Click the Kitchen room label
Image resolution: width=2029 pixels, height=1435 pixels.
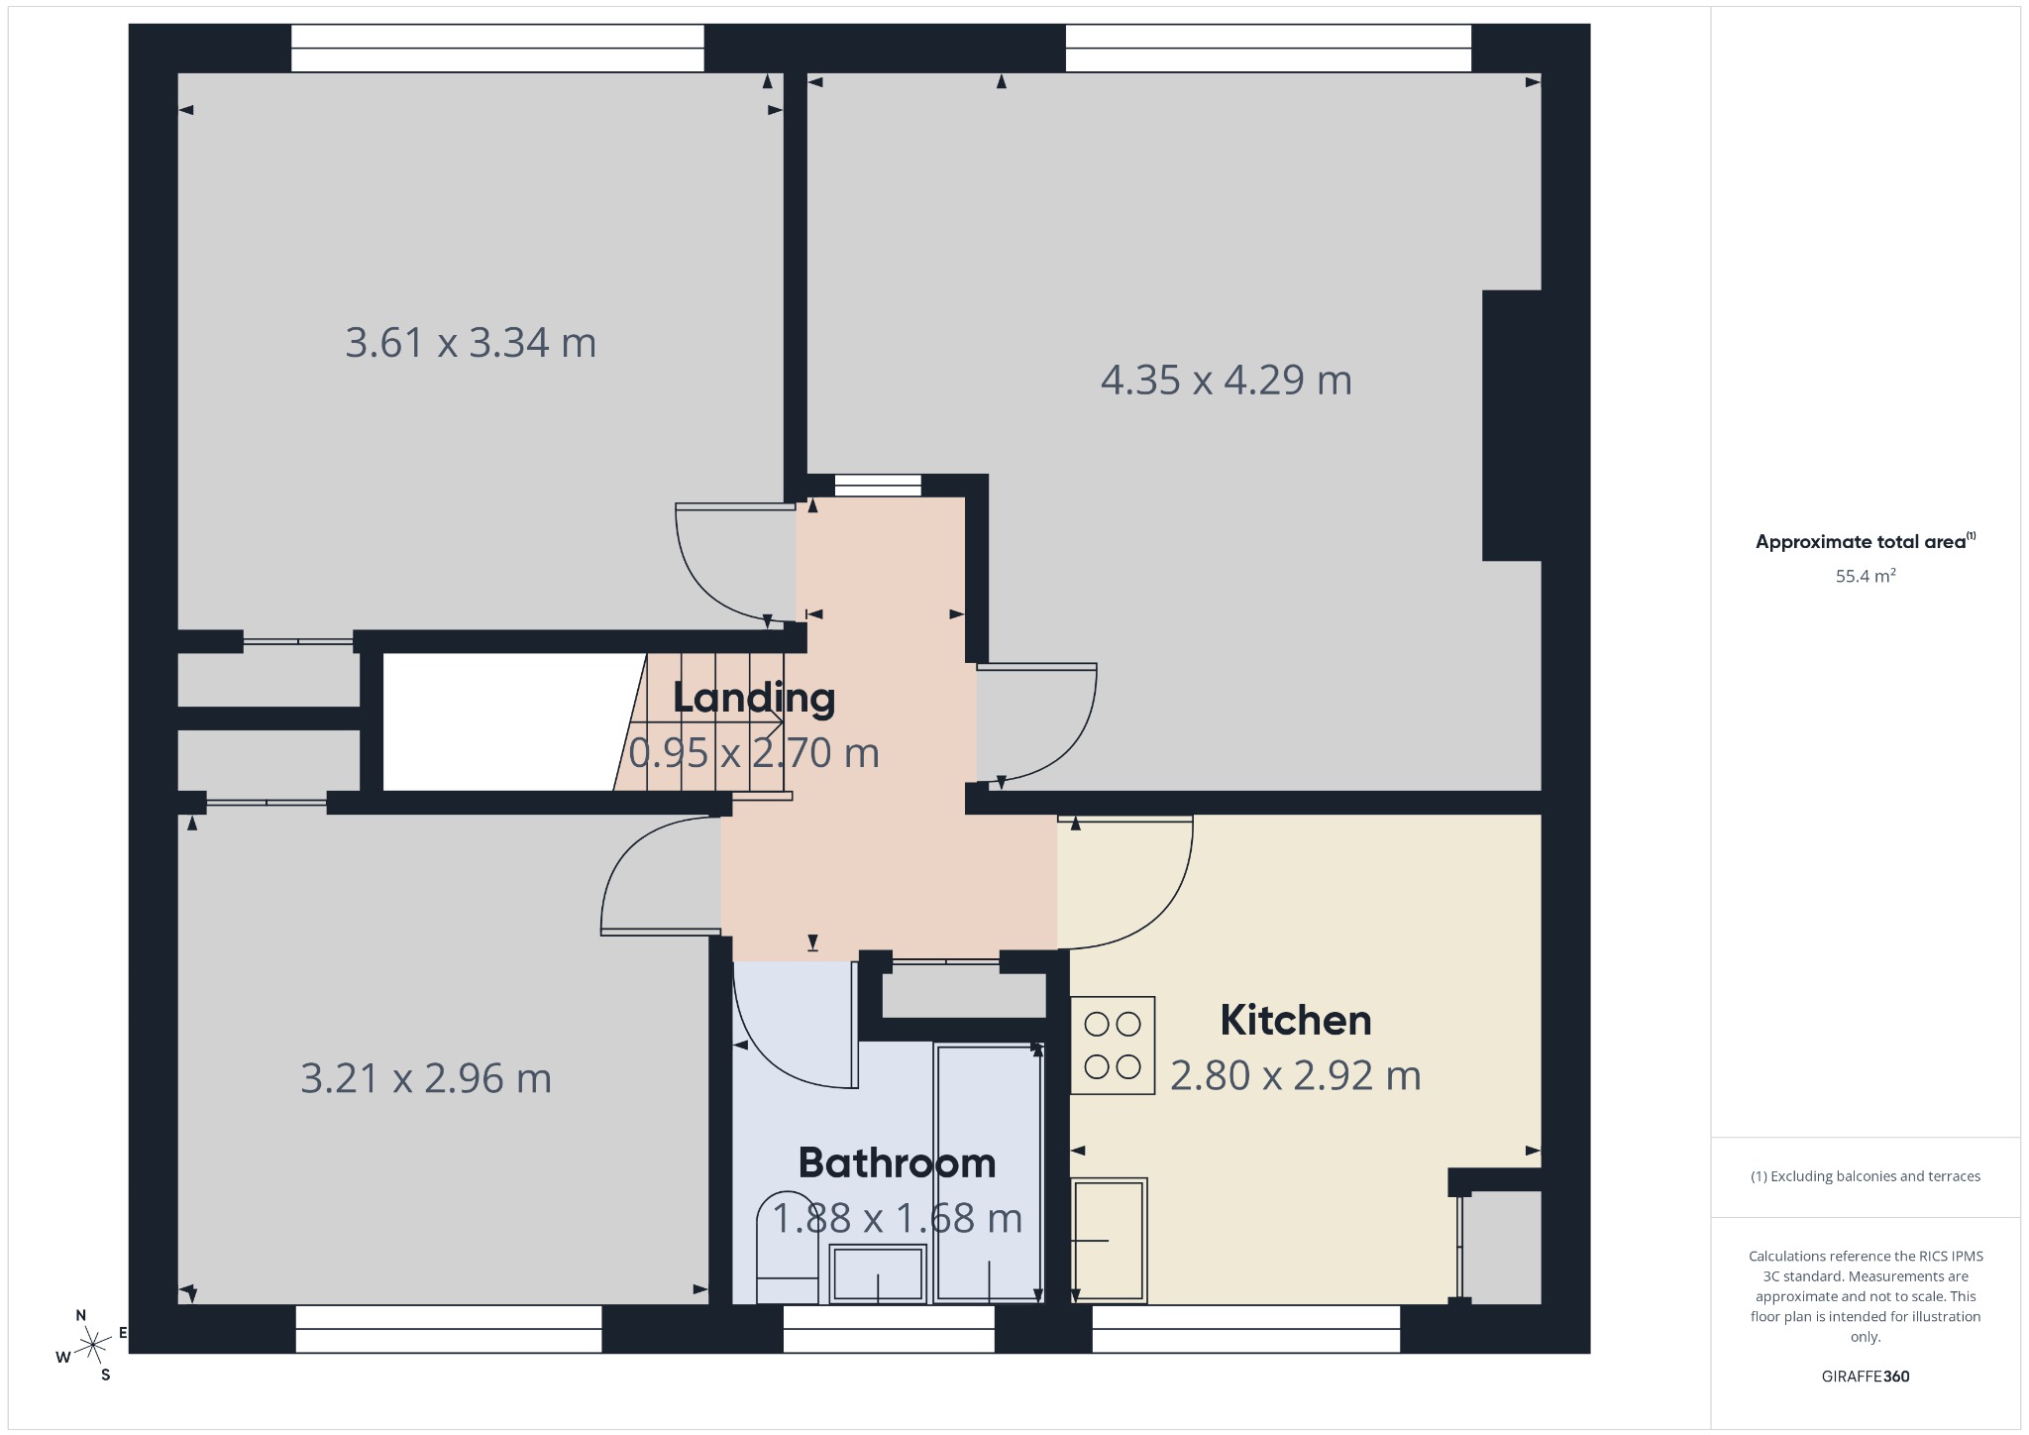click(1295, 1020)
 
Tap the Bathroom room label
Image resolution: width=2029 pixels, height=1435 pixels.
click(897, 1162)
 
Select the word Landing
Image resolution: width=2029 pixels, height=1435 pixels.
click(754, 698)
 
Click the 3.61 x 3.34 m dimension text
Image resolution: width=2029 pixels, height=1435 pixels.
click(471, 343)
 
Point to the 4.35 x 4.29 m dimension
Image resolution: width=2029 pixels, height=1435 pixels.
click(1227, 380)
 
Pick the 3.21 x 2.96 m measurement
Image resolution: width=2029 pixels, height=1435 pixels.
click(426, 1078)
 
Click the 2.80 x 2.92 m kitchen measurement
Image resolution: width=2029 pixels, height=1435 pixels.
click(1296, 1075)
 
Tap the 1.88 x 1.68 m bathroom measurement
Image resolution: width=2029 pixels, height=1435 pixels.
click(897, 1218)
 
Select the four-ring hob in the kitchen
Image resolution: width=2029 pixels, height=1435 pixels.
click(1113, 1045)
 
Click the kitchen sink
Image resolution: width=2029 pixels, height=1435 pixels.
click(1110, 1240)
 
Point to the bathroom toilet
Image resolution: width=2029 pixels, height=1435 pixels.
click(788, 1249)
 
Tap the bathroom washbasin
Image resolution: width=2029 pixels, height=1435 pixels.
click(878, 1273)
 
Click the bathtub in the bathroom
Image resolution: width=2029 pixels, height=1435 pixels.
click(989, 1172)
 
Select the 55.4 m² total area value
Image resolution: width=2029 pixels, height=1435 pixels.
click(1866, 576)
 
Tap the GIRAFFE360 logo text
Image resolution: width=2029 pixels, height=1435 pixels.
click(1866, 1377)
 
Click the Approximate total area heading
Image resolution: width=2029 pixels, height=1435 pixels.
click(1866, 541)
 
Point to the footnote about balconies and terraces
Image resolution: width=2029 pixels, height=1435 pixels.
click(1866, 1176)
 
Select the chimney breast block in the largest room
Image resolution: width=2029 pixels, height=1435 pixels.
click(1512, 425)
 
